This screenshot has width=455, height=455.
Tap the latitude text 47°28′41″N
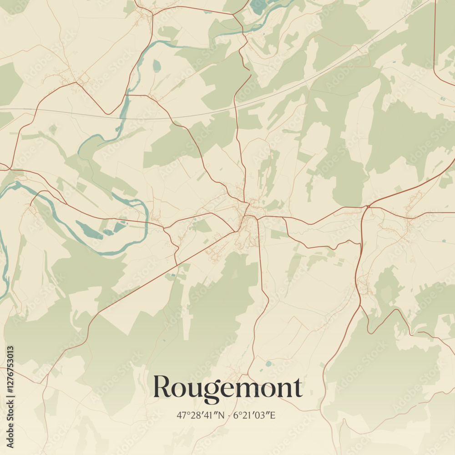coord(201,415)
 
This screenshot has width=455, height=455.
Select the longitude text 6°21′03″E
coord(254,415)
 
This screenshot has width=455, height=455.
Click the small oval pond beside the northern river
coord(157,66)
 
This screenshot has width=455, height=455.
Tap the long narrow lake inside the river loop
coord(89,230)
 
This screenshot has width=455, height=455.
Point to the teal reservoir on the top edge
coord(258,6)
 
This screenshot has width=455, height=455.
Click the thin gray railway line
coord(182,118)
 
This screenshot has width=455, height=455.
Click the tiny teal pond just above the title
coord(268,364)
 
